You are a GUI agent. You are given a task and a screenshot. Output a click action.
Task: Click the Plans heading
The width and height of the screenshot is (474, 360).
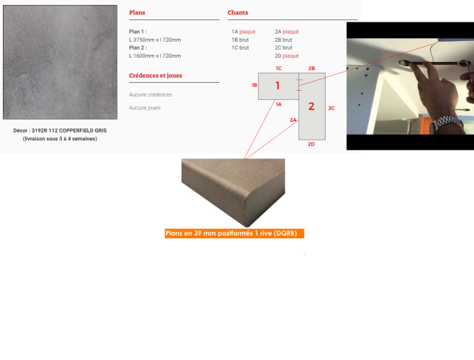click(x=137, y=12)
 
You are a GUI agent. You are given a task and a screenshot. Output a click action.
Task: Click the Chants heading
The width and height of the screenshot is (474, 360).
click(x=238, y=12)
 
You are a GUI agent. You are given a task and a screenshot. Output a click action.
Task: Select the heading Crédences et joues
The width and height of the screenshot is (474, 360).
click(x=156, y=76)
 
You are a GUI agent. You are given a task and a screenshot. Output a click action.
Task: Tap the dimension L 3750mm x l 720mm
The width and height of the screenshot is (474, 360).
click(x=155, y=40)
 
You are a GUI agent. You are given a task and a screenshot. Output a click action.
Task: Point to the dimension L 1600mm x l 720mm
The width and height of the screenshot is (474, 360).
click(x=155, y=55)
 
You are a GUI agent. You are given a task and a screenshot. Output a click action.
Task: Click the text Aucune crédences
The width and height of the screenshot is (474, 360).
click(x=151, y=94)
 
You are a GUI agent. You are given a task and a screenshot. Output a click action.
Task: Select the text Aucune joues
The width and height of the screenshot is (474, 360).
click(x=145, y=107)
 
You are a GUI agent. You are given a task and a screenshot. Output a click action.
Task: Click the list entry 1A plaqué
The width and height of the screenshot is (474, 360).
click(x=243, y=32)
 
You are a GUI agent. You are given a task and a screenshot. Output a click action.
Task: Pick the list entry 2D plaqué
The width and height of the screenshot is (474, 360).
click(x=287, y=55)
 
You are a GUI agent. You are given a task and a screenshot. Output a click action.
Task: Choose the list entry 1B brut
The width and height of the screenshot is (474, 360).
click(x=240, y=40)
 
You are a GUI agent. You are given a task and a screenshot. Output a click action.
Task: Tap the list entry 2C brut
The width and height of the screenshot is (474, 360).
click(x=283, y=48)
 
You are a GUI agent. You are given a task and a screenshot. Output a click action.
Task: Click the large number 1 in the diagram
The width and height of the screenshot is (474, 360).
click(x=277, y=86)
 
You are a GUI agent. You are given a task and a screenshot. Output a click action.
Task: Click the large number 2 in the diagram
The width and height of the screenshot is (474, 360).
click(x=311, y=106)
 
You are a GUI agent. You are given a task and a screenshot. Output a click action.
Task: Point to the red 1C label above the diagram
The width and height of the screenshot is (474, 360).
click(x=279, y=68)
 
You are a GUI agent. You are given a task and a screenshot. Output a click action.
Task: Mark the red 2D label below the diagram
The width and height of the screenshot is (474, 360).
click(x=311, y=144)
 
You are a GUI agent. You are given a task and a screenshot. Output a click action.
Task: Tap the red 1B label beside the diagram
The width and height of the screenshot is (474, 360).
click(x=254, y=85)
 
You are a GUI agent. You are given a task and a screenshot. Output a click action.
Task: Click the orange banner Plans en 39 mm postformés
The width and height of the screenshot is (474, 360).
click(x=234, y=233)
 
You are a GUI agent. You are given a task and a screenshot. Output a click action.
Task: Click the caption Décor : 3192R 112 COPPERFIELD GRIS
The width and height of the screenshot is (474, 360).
click(x=60, y=130)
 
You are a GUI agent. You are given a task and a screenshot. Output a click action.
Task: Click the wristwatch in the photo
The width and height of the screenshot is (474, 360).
click(x=447, y=124)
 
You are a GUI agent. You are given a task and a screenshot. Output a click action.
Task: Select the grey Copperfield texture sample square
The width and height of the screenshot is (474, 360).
click(x=61, y=62)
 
